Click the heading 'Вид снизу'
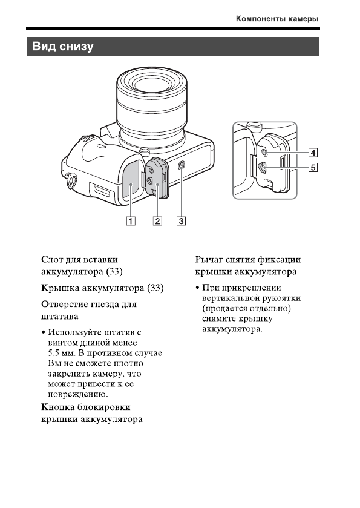click(x=63, y=47)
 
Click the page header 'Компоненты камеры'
click(x=277, y=19)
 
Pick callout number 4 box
click(x=313, y=152)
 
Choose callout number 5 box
click(x=313, y=168)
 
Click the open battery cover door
click(x=156, y=180)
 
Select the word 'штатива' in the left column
click(x=59, y=316)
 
